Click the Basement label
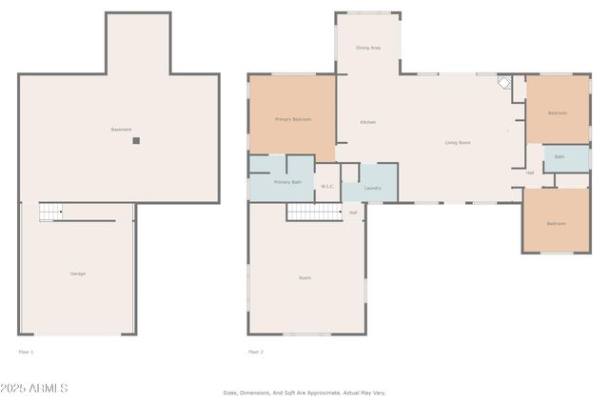[121, 130]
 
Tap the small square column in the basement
[136, 140]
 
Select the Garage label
[78, 274]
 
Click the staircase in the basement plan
[50, 212]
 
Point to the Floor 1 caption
[27, 352]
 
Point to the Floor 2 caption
[256, 352]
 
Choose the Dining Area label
[368, 47]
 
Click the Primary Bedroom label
[292, 119]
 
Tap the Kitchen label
[367, 122]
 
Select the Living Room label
[458, 143]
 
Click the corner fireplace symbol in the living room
[505, 83]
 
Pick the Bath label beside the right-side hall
[560, 156]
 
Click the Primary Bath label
[287, 181]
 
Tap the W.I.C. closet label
[326, 186]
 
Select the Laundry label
[372, 188]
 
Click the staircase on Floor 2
[313, 211]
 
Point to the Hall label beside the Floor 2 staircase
[353, 212]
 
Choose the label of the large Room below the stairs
[304, 277]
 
